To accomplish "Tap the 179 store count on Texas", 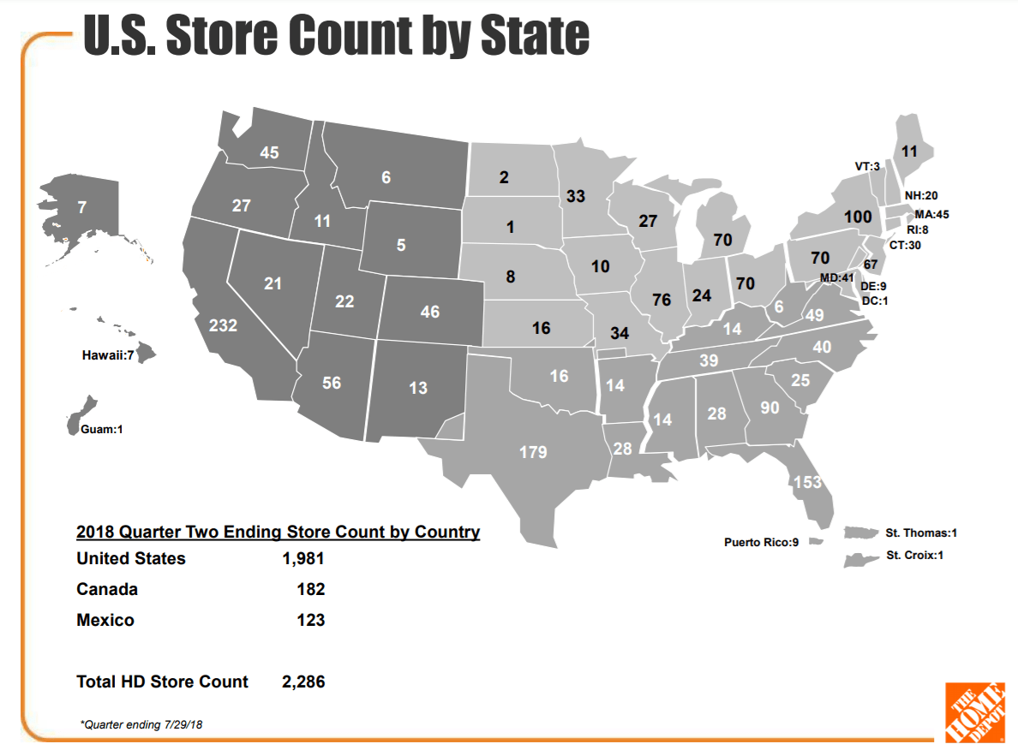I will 533,451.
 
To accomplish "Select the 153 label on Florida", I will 807,482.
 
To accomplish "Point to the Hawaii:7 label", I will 107,354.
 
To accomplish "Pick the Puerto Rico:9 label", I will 761,542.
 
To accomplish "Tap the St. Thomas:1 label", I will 921,533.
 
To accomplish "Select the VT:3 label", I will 867,167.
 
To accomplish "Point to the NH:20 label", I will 921,196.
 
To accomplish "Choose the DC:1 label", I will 874,300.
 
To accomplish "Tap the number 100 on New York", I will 857,217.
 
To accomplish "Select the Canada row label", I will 107,589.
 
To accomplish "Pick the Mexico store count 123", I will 310,620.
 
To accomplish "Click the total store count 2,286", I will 302,682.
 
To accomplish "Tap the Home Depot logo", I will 974,711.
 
